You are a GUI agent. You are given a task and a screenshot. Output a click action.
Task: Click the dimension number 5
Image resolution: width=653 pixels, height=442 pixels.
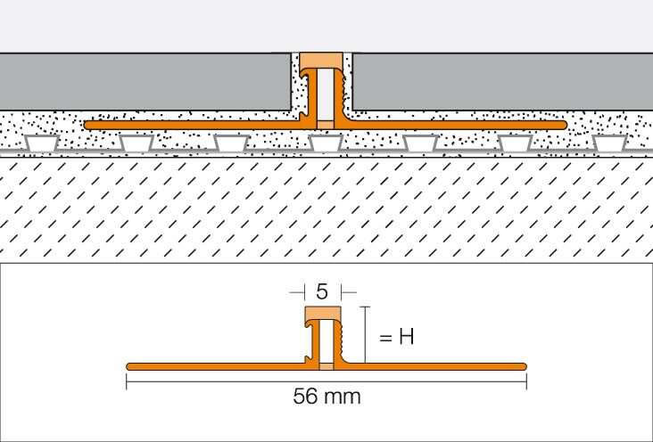click(321, 292)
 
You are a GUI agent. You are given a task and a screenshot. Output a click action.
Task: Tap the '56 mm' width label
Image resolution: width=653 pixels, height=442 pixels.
click(326, 397)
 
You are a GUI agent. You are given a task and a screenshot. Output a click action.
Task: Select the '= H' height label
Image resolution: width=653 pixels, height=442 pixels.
click(396, 337)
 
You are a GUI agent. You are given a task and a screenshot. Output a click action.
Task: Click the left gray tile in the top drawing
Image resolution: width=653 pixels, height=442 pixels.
click(145, 82)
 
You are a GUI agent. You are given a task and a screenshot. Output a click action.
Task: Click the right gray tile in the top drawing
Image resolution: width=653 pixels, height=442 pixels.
click(502, 82)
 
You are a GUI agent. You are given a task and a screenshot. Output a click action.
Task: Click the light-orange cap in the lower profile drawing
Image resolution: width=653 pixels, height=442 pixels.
click(323, 314)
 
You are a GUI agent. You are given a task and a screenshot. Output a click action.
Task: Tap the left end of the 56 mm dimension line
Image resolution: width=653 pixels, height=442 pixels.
click(127, 381)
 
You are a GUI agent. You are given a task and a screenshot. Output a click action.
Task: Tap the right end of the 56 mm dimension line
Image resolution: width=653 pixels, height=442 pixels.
click(526, 381)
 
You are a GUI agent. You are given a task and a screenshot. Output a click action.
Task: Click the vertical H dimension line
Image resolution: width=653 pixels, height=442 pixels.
click(365, 335)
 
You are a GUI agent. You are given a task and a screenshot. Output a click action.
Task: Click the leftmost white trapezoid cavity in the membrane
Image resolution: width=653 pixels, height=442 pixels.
click(41, 143)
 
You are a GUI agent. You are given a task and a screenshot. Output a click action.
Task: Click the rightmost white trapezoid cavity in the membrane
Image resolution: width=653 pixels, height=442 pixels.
click(609, 143)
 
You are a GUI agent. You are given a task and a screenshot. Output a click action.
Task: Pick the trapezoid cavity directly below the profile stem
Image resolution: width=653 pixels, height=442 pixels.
click(326, 143)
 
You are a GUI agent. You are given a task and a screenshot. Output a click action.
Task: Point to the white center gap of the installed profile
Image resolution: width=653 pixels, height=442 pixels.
click(326, 94)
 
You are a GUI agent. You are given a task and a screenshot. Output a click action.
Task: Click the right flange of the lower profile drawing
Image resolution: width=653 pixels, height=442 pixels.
click(435, 366)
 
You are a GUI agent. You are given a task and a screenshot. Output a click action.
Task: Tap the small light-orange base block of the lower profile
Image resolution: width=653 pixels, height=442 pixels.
click(326, 366)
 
